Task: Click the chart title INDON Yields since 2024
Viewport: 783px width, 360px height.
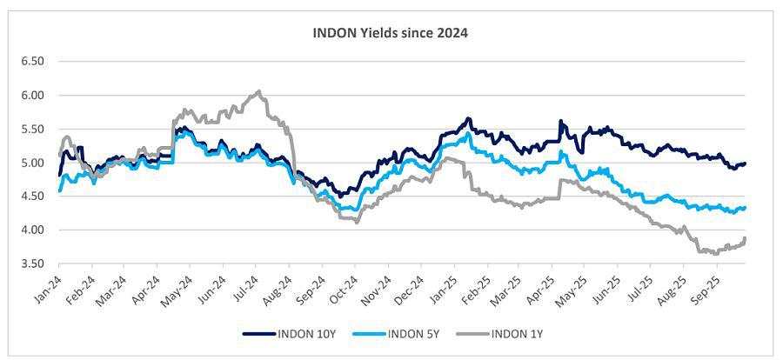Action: point(391,34)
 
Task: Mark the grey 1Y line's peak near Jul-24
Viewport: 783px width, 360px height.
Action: point(258,91)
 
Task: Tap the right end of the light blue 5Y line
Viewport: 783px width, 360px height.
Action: point(746,208)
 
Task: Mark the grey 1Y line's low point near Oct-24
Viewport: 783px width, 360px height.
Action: point(357,222)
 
